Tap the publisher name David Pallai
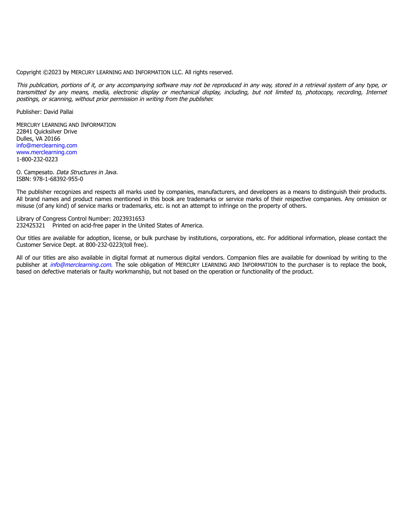pos(58,112)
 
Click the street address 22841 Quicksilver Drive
pos(47,132)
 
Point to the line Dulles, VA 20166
pos(38,139)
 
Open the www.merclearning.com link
pos(47,152)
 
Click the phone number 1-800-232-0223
pos(37,159)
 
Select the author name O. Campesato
pos(35,172)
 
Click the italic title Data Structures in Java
pos(87,172)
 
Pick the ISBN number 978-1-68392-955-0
pos(58,179)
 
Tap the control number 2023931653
pos(128,219)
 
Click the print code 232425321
pos(30,225)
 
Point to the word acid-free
pos(93,225)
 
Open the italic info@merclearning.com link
pos(81,265)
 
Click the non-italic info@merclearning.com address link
pos(47,145)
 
